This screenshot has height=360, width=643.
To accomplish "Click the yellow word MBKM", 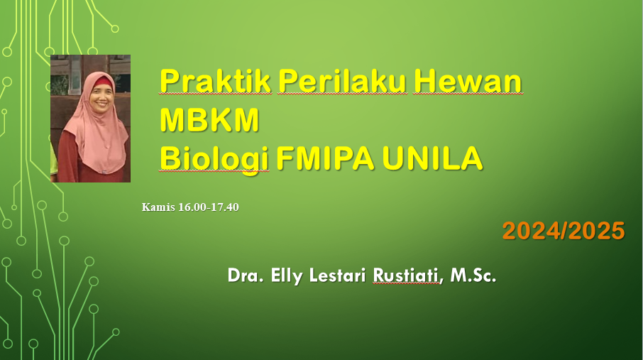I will pyautogui.click(x=209, y=121).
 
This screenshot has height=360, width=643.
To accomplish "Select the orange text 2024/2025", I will pyautogui.click(x=564, y=231).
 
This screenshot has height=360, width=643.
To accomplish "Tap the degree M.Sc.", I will pyautogui.click(x=473, y=276).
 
